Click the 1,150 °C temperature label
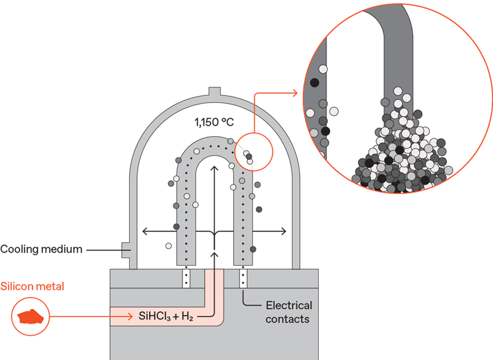click(x=214, y=122)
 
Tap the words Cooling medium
click(x=41, y=249)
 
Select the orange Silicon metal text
click(x=32, y=286)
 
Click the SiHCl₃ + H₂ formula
click(x=166, y=316)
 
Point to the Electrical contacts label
click(x=288, y=312)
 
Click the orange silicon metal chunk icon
click(x=30, y=317)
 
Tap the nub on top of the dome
click(x=214, y=91)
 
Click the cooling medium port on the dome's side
click(x=126, y=250)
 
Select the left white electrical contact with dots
click(x=186, y=278)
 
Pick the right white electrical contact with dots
click(x=243, y=278)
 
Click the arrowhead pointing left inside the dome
click(x=145, y=231)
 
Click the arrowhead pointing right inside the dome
click(x=283, y=231)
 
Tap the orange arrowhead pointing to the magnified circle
click(x=295, y=93)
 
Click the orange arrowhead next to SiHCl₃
click(x=130, y=317)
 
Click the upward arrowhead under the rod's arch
click(x=214, y=169)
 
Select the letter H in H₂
click(x=186, y=315)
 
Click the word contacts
click(x=287, y=319)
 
